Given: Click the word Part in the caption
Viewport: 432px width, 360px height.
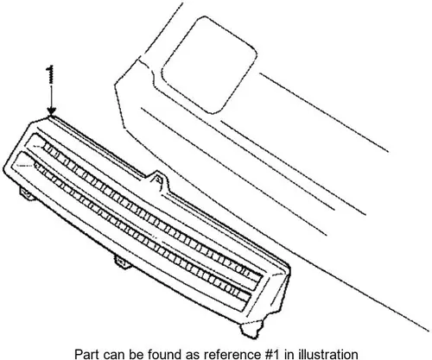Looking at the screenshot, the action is coord(86,354).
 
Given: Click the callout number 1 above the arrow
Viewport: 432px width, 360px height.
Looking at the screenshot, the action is coord(51,74).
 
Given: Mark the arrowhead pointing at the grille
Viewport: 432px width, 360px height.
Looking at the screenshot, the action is coord(52,111).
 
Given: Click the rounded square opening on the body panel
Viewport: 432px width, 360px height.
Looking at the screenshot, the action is coord(209,65).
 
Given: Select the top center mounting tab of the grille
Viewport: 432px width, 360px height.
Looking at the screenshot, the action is coord(158,180).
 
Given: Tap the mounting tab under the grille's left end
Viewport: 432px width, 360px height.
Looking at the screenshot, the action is coord(27,193).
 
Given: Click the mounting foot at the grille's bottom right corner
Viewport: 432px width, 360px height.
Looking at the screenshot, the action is coord(251,327).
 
